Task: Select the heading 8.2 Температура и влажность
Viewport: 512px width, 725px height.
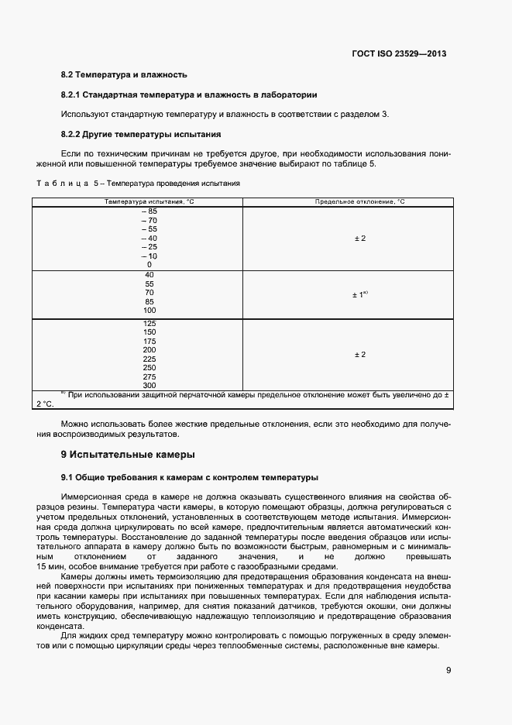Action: coord(123,75)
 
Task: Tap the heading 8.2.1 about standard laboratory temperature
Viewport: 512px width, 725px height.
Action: coord(188,94)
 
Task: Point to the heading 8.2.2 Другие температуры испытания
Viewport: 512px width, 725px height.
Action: coord(141,133)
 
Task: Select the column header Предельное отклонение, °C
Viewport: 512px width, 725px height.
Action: coord(359,201)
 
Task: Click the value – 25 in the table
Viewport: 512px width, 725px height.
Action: coord(149,247)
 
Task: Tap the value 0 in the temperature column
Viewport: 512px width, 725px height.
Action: coord(149,265)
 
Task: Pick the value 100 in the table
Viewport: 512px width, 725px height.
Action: coord(149,311)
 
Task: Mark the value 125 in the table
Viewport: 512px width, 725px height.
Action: coord(149,323)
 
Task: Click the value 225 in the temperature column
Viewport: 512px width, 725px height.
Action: coord(149,359)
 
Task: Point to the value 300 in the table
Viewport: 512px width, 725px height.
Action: coord(149,385)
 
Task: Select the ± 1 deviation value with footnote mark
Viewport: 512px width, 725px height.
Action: coord(359,294)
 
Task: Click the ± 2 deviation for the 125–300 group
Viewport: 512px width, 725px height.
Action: coord(359,354)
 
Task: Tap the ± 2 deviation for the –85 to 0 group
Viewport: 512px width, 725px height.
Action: coord(359,238)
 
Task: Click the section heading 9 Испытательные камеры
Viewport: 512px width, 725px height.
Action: coord(128,454)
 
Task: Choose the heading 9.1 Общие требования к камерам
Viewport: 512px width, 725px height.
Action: coord(189,477)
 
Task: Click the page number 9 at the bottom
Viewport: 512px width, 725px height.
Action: coord(448,671)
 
